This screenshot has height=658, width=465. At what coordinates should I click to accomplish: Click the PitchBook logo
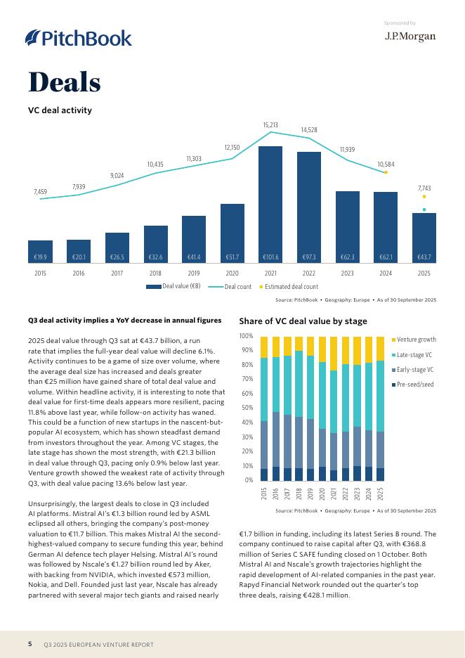pyautogui.click(x=78, y=38)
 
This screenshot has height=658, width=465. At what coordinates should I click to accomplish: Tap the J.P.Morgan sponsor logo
pyautogui.click(x=410, y=37)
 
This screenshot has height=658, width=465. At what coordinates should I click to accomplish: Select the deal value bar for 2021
pyautogui.click(x=270, y=204)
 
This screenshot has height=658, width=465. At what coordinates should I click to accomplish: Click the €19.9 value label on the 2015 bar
pyautogui.click(x=41, y=258)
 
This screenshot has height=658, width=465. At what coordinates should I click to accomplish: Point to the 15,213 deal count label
pyautogui.click(x=270, y=125)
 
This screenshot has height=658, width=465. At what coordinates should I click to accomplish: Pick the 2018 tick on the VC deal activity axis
pyautogui.click(x=155, y=273)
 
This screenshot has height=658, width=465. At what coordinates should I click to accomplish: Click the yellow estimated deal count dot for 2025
pyautogui.click(x=424, y=197)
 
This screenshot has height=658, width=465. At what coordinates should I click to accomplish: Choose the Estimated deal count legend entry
pyautogui.click(x=289, y=287)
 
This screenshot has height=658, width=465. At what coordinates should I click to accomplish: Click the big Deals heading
pyautogui.click(x=65, y=83)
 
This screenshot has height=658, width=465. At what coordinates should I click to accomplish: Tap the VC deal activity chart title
pyautogui.click(x=60, y=110)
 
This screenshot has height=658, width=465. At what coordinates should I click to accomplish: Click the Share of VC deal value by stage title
pyautogui.click(x=303, y=321)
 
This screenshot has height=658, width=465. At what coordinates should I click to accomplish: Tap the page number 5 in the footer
pyautogui.click(x=30, y=644)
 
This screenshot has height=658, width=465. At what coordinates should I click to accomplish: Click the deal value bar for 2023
pyautogui.click(x=347, y=226)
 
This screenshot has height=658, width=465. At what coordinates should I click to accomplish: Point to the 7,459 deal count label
pyautogui.click(x=41, y=191)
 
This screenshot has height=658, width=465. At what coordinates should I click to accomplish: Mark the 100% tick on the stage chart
pyautogui.click(x=246, y=335)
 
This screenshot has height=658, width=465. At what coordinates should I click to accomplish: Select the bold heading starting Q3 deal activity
pyautogui.click(x=124, y=321)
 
